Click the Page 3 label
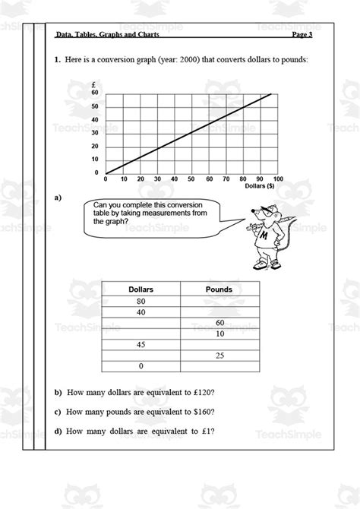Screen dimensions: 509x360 (302, 34)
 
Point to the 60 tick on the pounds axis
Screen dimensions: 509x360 (95, 93)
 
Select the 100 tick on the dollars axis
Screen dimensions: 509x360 (278, 179)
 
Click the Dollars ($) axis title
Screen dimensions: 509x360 (261, 186)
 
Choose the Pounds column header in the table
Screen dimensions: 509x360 (219, 289)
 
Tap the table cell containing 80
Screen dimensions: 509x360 (141, 302)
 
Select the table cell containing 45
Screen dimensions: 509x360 (141, 344)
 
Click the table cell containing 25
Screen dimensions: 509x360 (219, 355)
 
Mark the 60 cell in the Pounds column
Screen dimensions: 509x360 (219, 323)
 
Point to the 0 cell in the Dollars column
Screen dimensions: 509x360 (141, 365)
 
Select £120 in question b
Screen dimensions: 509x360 (202, 393)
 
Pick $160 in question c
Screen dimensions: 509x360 (202, 412)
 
